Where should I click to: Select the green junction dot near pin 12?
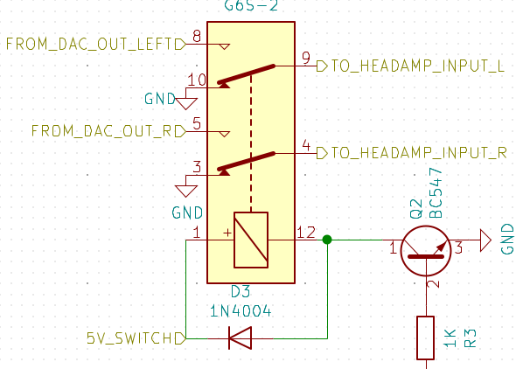click(327, 240)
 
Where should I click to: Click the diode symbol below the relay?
click(240, 338)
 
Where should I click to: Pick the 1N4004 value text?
click(241, 311)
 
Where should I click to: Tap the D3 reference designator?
click(241, 292)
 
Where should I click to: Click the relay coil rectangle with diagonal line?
click(251, 240)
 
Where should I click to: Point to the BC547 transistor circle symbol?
click(426, 251)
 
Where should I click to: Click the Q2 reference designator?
click(415, 209)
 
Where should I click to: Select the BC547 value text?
click(436, 193)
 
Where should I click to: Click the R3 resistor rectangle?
click(426, 338)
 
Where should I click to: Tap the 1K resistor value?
click(450, 338)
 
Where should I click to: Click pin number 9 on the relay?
click(306, 58)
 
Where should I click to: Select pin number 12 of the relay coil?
click(306, 233)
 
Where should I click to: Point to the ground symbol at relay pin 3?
click(186, 191)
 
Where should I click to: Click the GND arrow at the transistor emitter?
click(485, 240)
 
